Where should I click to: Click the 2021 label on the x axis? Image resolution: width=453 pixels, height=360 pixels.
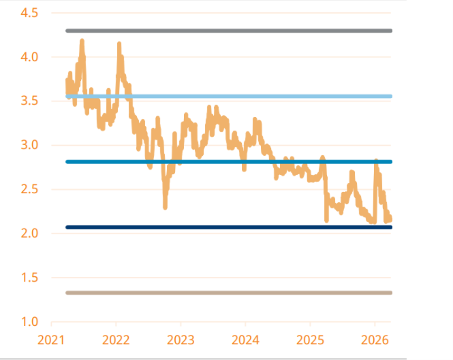52,339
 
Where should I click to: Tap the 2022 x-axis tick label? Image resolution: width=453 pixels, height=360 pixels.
116,339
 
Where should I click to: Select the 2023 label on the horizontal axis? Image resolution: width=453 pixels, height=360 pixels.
181,339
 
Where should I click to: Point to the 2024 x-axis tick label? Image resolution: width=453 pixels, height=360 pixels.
245,339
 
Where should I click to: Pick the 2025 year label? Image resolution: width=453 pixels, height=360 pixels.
310,339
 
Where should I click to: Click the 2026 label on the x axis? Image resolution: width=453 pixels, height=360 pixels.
375,339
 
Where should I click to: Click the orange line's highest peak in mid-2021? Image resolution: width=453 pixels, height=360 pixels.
82,42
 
